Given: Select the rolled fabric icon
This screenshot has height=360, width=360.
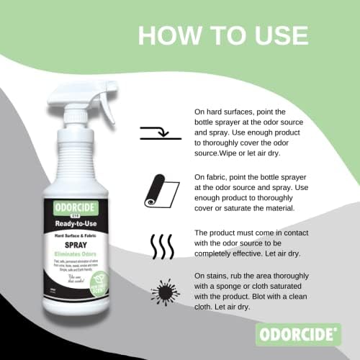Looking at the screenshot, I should coord(158,188).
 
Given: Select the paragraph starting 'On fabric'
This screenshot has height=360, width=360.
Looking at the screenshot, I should coord(240,191).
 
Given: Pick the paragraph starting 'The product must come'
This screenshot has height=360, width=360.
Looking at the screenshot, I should coord(240,243).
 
